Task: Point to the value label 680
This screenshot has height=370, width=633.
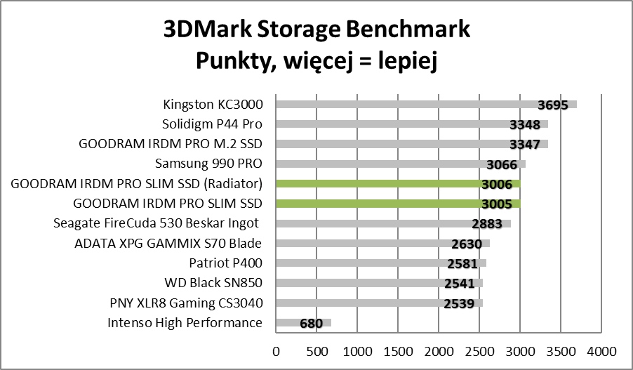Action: pyautogui.click(x=311, y=324)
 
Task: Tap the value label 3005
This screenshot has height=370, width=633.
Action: pyautogui.click(x=502, y=204)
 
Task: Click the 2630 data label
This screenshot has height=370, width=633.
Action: pyautogui.click(x=466, y=244)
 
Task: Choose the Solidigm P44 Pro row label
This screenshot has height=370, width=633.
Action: pyautogui.click(x=212, y=124)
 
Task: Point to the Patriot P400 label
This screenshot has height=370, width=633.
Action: pyautogui.click(x=225, y=263)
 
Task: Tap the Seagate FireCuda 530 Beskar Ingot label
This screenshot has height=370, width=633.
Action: pyautogui.click(x=158, y=224)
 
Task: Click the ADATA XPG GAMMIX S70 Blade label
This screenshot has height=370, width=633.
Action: pyautogui.click(x=168, y=244)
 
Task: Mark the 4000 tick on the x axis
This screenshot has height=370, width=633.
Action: pyautogui.click(x=601, y=350)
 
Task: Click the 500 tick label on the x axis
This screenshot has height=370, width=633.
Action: pyautogui.click(x=316, y=350)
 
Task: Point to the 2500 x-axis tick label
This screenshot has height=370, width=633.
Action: pyautogui.click(x=479, y=350)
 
